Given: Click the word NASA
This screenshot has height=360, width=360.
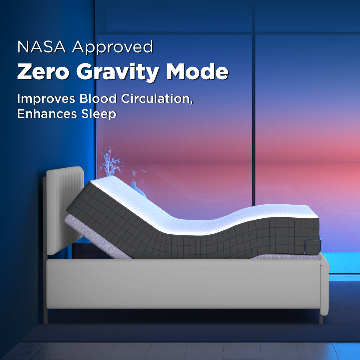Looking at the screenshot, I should [x=41, y=47].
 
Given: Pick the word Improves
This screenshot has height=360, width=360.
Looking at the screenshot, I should [x=46, y=99].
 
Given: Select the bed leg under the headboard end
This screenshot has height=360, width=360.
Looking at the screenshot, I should [x=46, y=315].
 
